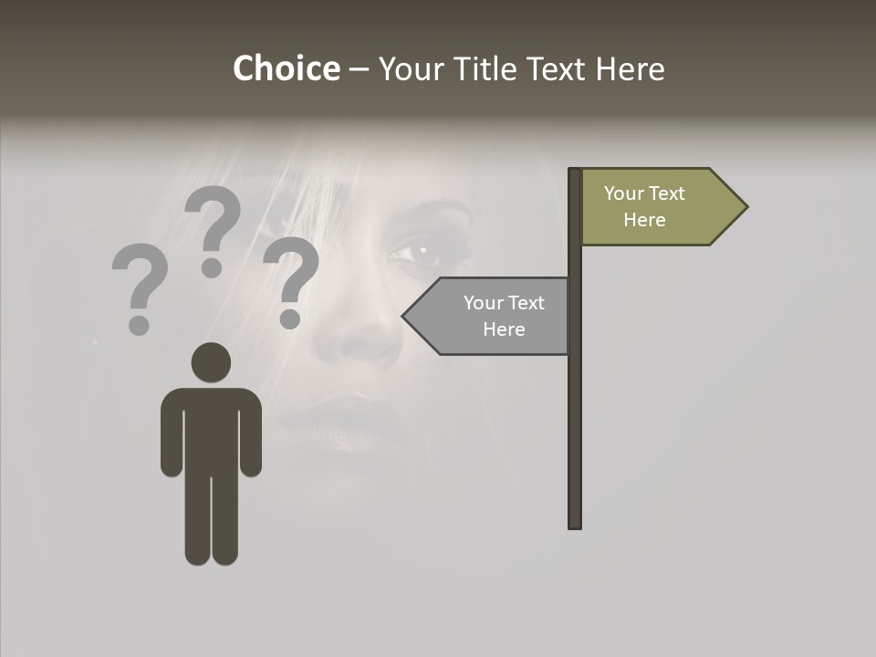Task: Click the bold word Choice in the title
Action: (x=286, y=68)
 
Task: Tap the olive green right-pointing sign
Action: (x=657, y=207)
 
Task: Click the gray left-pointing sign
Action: (x=493, y=316)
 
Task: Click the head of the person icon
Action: (x=211, y=362)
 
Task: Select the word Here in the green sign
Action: (x=644, y=220)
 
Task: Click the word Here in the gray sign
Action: (x=504, y=329)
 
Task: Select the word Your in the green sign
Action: (x=623, y=193)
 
